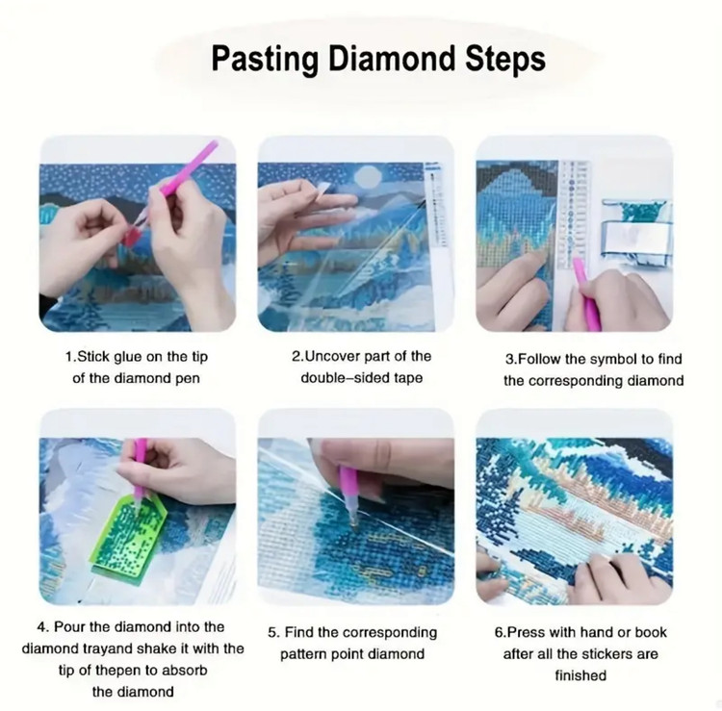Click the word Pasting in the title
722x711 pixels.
pos(265,59)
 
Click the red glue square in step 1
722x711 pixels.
pos(134,237)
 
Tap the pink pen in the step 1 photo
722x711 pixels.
pos(181,178)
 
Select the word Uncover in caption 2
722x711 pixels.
pos(332,356)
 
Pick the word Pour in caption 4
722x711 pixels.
pos(69,626)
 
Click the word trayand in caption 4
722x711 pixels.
pos(109,648)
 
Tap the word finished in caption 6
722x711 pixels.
pos(580,675)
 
